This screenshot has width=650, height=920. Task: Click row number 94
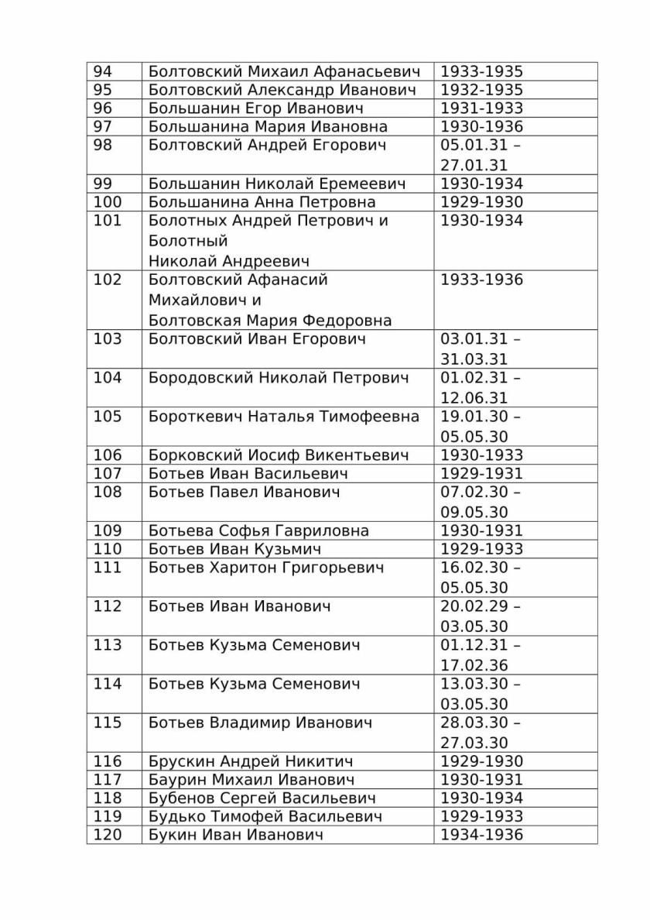103,71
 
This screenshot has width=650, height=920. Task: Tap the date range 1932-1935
481,90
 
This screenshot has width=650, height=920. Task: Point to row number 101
108,221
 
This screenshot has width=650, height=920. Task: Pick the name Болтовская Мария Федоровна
270,320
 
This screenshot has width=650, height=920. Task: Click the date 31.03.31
474,359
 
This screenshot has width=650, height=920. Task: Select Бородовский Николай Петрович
278,378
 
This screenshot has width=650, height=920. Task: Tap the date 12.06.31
474,398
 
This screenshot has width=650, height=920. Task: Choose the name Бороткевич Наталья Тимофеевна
283,417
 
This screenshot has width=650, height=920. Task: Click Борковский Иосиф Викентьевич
279,455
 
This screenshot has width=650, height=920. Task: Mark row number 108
108,493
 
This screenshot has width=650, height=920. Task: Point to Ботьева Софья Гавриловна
258,531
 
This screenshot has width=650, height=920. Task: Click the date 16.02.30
474,568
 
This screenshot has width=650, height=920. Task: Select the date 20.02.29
474,606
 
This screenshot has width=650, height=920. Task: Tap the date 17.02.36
474,665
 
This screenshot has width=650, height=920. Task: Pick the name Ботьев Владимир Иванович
260,723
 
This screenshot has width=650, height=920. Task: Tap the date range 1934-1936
481,835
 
